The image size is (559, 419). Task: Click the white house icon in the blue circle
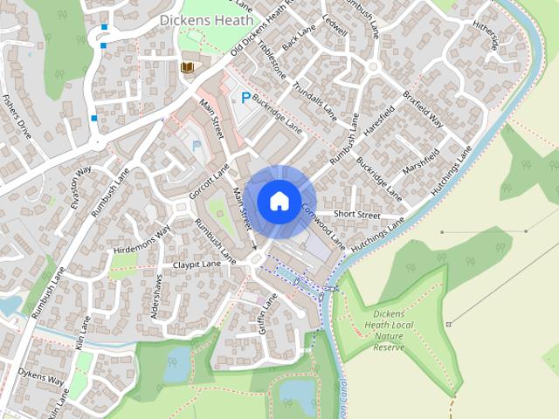(279, 201)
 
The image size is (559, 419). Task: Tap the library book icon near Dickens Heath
(186, 67)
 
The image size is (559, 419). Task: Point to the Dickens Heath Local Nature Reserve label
(389, 330)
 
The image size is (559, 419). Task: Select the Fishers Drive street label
(17, 116)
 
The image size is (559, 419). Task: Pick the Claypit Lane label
(197, 264)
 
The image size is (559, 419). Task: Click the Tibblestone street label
(271, 58)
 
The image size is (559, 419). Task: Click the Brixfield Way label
(422, 108)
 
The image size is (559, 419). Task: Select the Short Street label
(358, 215)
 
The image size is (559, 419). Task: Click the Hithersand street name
(485, 36)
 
